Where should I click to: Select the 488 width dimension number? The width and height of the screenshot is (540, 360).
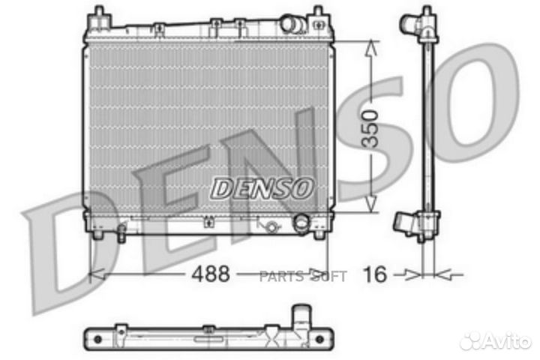pyautogui.click(x=208, y=274)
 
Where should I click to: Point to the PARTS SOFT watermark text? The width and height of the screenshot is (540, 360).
pyautogui.click(x=303, y=277)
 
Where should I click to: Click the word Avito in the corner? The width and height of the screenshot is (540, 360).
pyautogui.click(x=511, y=341)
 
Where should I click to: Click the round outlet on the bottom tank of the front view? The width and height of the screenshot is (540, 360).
pyautogui.click(x=301, y=223)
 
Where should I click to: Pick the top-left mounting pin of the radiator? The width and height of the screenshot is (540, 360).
pyautogui.click(x=97, y=13)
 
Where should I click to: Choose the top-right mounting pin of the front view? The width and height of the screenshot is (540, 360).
pyautogui.click(x=318, y=13)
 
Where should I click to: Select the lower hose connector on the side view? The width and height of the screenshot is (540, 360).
pyautogui.click(x=405, y=221)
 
